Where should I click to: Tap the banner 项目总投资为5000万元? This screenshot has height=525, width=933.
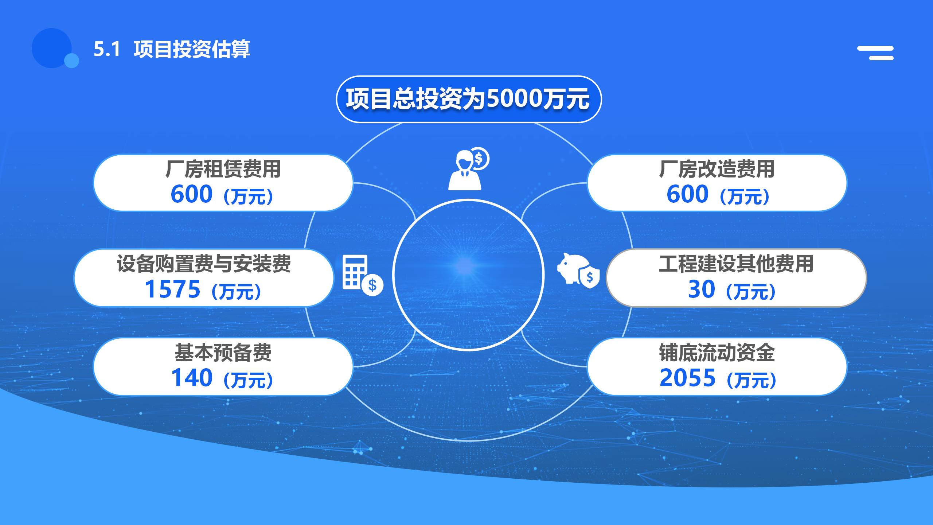pyautogui.click(x=468, y=99)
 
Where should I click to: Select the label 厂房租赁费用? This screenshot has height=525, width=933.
pyautogui.click(x=223, y=169)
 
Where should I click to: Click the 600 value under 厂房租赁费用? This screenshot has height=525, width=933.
pyautogui.click(x=192, y=194)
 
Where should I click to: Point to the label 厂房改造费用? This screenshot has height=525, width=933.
pyautogui.click(x=717, y=169)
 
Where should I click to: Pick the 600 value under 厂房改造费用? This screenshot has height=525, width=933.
pyautogui.click(x=688, y=194)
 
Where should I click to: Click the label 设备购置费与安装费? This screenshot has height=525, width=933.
pyautogui.click(x=204, y=264)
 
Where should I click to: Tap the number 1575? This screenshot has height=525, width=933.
pyautogui.click(x=173, y=289)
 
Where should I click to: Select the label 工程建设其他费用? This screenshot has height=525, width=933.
pyautogui.click(x=736, y=264)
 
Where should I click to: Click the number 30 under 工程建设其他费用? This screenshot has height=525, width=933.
pyautogui.click(x=702, y=289)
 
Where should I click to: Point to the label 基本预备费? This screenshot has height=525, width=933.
pyautogui.click(x=223, y=353)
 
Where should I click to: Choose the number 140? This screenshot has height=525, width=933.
pyautogui.click(x=192, y=377)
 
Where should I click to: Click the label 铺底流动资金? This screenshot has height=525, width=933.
pyautogui.click(x=717, y=353)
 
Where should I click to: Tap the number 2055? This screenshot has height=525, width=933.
pyautogui.click(x=688, y=377)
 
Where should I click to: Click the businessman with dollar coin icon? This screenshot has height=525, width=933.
pyautogui.click(x=469, y=168)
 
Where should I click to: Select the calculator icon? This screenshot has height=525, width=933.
pyautogui.click(x=363, y=276)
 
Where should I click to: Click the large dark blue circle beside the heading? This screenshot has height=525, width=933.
pyautogui.click(x=51, y=48)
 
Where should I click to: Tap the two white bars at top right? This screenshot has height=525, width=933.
pyautogui.click(x=875, y=53)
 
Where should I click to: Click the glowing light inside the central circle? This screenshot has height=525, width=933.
pyautogui.click(x=464, y=265)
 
